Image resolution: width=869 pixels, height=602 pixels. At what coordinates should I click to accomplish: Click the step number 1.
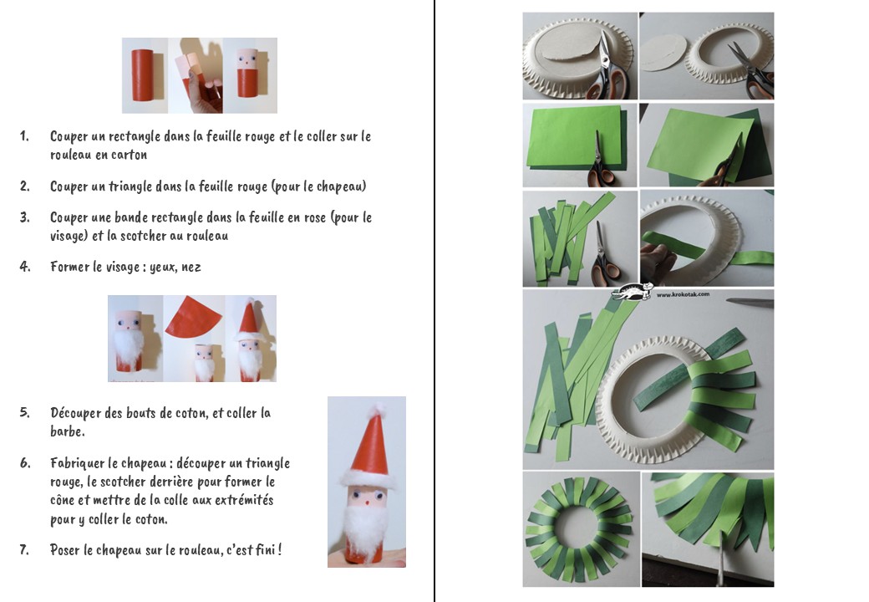(x=24, y=135)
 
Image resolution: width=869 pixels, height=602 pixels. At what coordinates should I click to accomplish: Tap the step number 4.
(x=25, y=267)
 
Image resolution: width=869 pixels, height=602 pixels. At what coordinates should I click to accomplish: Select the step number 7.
(x=24, y=549)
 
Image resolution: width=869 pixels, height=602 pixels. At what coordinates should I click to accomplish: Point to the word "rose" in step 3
(x=315, y=218)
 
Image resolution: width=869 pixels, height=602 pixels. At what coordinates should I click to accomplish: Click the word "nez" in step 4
(x=191, y=268)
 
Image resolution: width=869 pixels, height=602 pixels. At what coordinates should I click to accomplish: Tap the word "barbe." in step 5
(x=68, y=431)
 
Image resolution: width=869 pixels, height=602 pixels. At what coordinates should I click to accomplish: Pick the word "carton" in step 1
(x=130, y=155)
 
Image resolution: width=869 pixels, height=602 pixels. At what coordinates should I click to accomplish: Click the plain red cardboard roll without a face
(x=142, y=75)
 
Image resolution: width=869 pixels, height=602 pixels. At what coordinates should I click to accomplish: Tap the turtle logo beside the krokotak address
(x=633, y=292)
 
